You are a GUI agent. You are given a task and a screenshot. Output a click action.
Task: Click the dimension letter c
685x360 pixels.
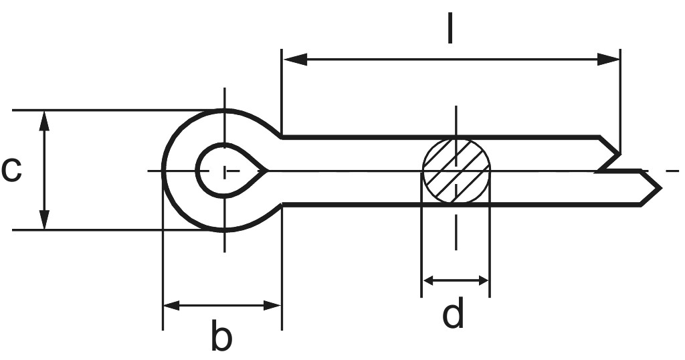click(x=11, y=170)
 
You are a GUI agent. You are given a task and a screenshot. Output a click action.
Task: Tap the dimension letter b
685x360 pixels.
click(x=221, y=337)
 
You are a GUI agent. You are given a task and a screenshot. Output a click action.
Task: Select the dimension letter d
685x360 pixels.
click(x=454, y=314)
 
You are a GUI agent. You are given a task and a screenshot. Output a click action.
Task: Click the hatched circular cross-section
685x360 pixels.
click(x=456, y=171)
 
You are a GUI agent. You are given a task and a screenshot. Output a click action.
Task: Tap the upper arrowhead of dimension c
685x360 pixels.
click(x=44, y=120)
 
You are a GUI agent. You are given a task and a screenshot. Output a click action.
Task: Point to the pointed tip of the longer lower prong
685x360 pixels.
click(x=660, y=188)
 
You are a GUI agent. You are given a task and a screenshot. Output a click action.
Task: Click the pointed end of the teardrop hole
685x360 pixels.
click(x=267, y=171)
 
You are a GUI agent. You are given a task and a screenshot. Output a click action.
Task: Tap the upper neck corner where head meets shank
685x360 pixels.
click(x=282, y=137)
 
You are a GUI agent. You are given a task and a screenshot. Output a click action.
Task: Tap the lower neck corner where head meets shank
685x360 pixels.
click(x=282, y=204)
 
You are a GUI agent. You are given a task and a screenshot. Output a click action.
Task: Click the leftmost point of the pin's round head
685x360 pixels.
click(x=163, y=170)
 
